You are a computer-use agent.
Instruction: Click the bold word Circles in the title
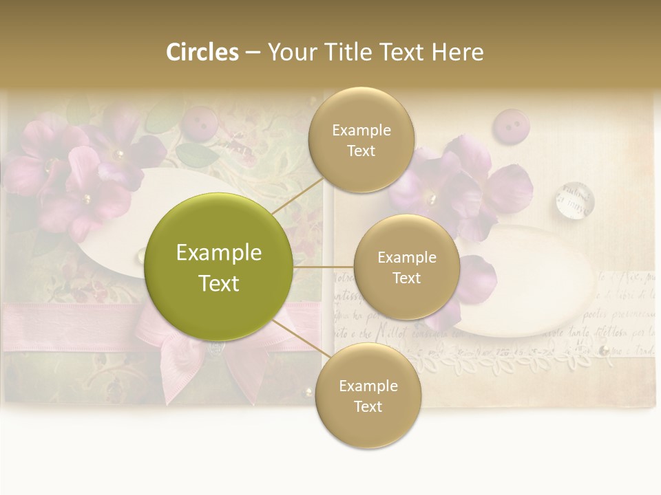pos(202,52)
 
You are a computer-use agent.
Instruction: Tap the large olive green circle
pos(219,267)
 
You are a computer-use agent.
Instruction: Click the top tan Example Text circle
pos(361,140)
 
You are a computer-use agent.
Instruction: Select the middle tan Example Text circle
pos(407,267)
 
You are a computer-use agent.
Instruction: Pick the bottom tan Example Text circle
pos(368,395)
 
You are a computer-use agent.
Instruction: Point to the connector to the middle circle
pos(323,266)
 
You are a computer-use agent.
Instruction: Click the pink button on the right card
pos(509,125)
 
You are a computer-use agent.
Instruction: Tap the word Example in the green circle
pos(219,253)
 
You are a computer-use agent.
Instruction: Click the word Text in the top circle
pos(361,151)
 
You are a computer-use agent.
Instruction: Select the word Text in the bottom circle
pos(368,406)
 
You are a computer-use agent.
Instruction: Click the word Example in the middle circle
pos(407,257)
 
